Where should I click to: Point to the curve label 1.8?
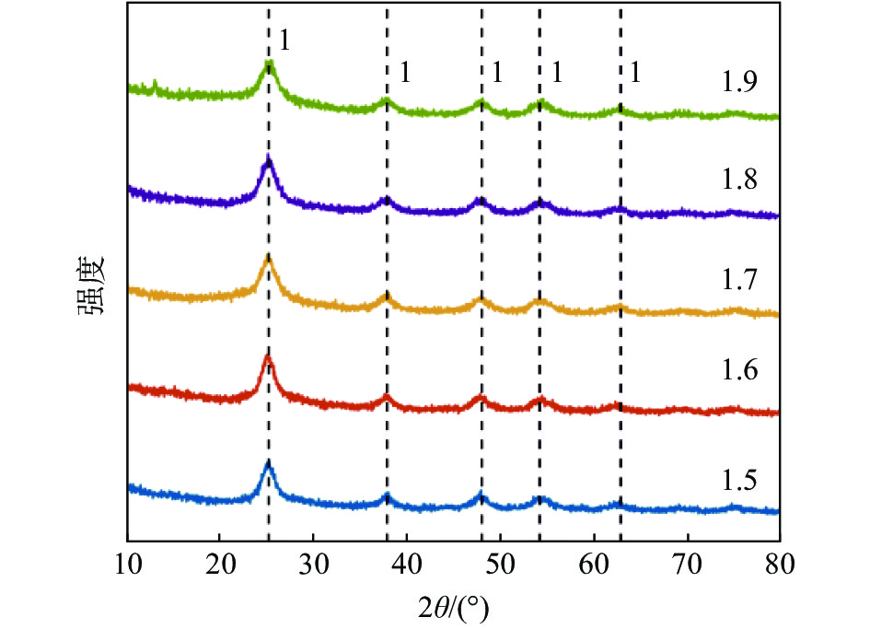pos(739,181)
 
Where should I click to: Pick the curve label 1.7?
pos(739,279)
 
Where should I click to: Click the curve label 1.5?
pos(739,480)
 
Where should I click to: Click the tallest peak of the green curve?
pos(269,64)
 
